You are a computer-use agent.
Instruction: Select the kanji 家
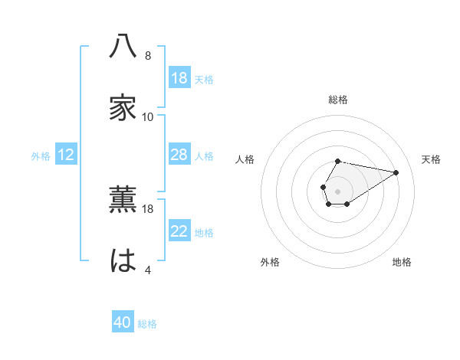point(123,108)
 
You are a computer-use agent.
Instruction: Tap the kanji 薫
point(123,199)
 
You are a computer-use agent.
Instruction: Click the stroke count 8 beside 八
point(148,56)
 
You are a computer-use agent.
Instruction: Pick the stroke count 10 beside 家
point(148,117)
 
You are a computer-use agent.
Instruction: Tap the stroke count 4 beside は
point(148,270)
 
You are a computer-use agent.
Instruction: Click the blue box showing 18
point(179,78)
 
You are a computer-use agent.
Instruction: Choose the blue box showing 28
point(179,155)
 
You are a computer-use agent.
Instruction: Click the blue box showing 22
point(179,231)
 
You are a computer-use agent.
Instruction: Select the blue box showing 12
point(66,155)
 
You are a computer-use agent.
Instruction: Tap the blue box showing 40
point(123,323)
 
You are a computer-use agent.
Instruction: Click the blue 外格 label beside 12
point(41,155)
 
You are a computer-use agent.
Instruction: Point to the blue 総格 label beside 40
point(147,324)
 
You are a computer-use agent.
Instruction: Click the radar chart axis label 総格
point(338,100)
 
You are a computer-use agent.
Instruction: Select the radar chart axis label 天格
point(432,159)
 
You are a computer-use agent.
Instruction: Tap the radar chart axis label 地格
point(402,262)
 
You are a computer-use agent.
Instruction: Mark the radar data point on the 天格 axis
point(396,172)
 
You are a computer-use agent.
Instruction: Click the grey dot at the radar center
point(337,189)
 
